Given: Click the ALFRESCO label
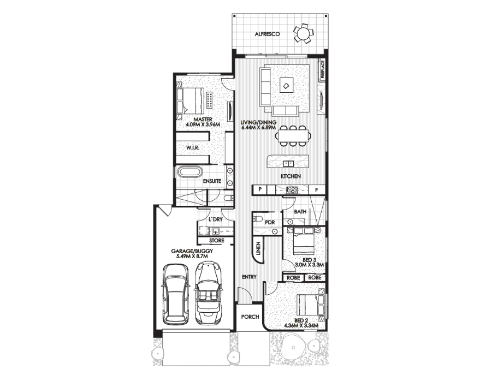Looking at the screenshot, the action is [267, 34].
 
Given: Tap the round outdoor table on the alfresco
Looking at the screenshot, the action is [302, 33].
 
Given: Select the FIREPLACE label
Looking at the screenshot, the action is [322, 69].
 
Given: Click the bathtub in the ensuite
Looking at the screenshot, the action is [189, 171].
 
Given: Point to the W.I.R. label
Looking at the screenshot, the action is [193, 148].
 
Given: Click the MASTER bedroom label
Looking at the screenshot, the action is [203, 120].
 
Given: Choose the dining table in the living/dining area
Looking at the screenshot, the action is [293, 135].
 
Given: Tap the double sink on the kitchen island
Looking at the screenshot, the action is [288, 163].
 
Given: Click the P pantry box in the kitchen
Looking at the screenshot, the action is [259, 189].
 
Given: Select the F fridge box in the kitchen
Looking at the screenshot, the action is [317, 190].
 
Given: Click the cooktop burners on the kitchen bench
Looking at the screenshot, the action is [292, 190].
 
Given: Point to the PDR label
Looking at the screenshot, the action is [270, 223].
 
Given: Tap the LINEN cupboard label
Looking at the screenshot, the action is [258, 248].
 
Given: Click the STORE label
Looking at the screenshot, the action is [217, 241].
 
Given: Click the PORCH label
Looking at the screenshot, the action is [250, 317].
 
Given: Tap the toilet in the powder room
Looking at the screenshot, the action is [257, 218].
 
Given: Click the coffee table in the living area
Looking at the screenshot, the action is [287, 85].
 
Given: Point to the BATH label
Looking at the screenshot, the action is [300, 211].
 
